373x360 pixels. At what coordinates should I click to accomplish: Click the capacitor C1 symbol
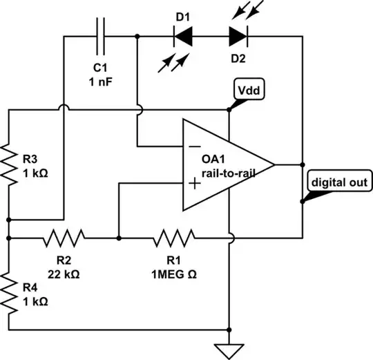[100, 35]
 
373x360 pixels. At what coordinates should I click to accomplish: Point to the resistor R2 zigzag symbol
[64, 238]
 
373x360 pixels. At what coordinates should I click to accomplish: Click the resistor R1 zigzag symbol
[173, 238]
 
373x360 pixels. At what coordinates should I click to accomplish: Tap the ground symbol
[229, 349]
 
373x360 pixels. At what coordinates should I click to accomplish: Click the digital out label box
[338, 183]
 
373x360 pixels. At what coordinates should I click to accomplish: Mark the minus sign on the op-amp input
[195, 146]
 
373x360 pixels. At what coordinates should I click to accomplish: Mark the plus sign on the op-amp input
[195, 183]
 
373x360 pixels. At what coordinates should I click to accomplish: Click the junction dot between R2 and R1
[119, 238]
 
